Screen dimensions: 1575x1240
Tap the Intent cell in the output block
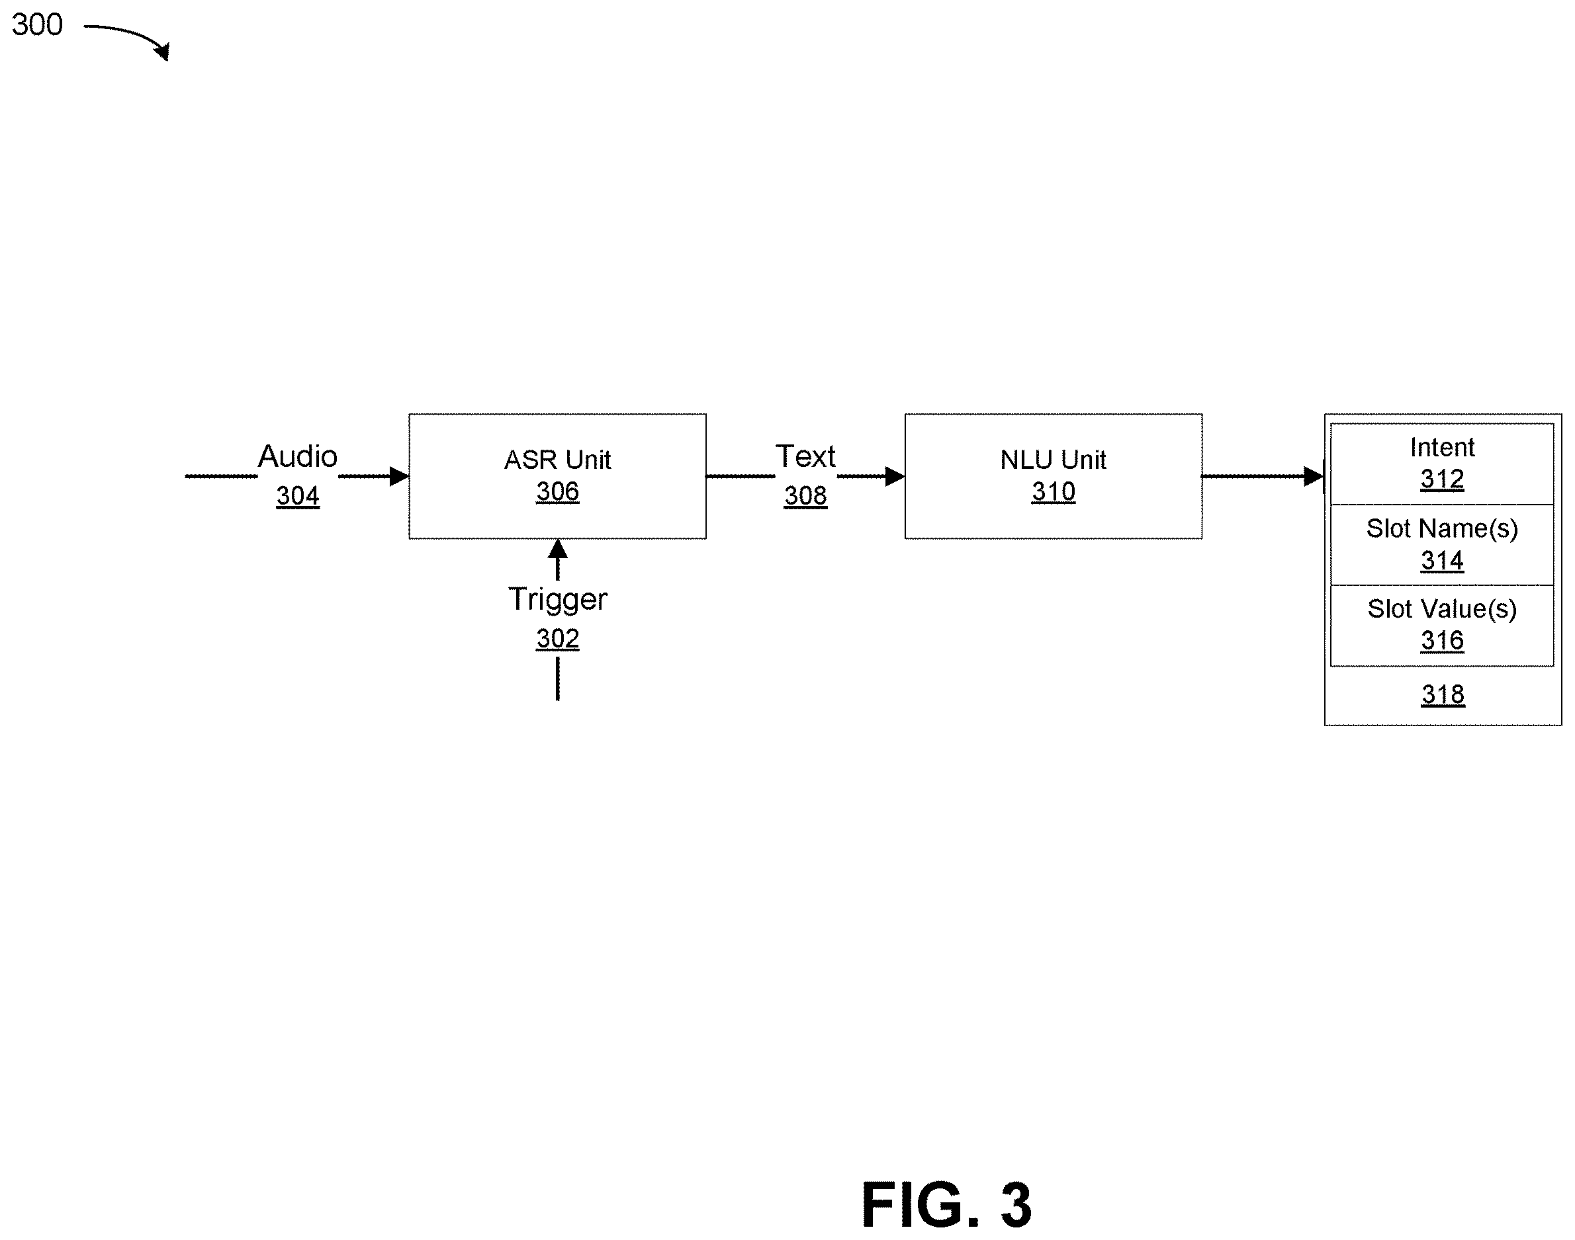point(1442,464)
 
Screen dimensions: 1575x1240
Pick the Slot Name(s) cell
point(1442,544)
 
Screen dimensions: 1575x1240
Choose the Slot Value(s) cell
point(1442,625)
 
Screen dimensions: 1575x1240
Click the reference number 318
point(1443,695)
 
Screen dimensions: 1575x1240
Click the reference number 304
point(298,496)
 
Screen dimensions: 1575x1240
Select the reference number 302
point(557,639)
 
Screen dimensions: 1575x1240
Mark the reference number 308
point(805,496)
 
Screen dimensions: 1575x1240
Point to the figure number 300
point(37,24)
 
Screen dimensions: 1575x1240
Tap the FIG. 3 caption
point(946,1205)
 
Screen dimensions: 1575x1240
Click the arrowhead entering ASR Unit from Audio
point(400,476)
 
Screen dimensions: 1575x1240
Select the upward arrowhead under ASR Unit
point(557,548)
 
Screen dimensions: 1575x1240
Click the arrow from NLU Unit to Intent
point(1263,476)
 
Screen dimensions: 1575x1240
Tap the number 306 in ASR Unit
point(557,492)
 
